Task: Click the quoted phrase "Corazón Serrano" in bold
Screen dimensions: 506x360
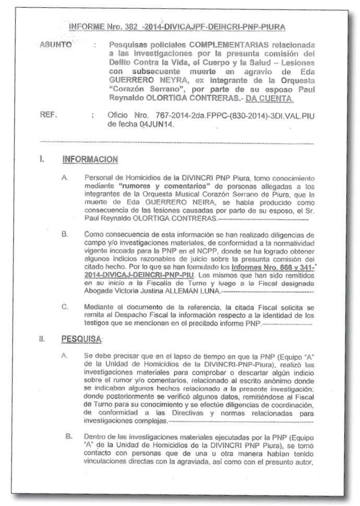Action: point(141,89)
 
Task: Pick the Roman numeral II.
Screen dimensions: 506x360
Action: point(42,339)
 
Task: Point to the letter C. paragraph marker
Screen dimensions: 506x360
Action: point(65,308)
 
